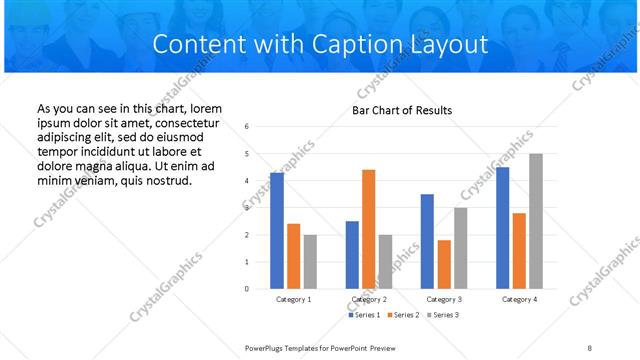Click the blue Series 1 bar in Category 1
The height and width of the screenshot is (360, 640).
click(x=277, y=231)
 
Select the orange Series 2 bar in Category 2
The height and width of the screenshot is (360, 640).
click(x=369, y=229)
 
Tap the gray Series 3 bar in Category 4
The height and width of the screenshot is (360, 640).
click(x=536, y=221)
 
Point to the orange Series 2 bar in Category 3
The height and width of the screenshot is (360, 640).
click(x=444, y=264)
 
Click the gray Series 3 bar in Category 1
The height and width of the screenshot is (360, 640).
click(x=310, y=261)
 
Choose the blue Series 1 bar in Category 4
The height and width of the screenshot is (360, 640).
click(x=502, y=228)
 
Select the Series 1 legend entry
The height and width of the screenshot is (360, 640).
click(x=364, y=315)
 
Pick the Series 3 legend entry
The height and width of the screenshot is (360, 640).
click(x=444, y=315)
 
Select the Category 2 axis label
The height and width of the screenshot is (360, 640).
click(x=369, y=299)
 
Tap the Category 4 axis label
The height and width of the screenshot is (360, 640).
click(x=519, y=299)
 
